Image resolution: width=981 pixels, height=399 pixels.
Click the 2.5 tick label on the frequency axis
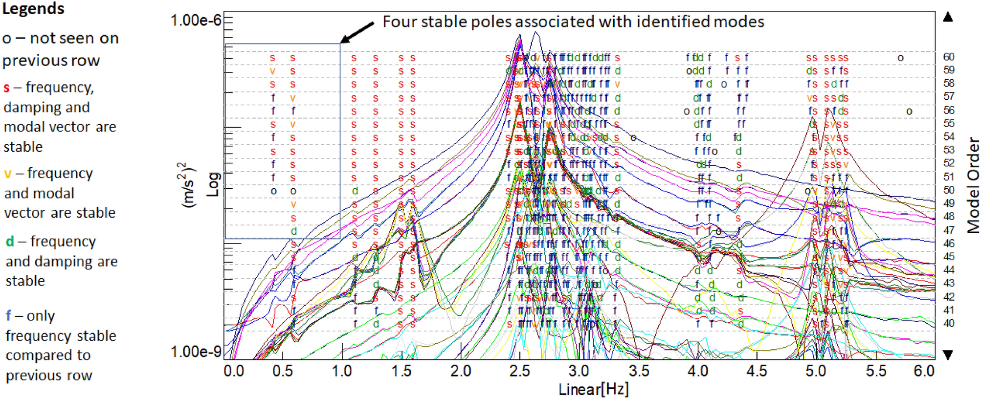coord(519,371)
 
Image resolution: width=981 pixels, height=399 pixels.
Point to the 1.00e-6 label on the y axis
coord(196,21)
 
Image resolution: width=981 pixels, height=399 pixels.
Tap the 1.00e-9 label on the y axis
coord(196,352)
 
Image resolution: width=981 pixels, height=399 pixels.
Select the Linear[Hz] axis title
coord(593,389)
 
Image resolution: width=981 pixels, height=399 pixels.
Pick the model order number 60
coord(949,57)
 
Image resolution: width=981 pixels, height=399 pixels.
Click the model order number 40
coord(949,323)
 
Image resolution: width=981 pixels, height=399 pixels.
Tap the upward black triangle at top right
coord(948,17)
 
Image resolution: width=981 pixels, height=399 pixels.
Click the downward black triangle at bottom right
coord(948,355)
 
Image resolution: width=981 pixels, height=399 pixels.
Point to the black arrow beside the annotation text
coord(357,33)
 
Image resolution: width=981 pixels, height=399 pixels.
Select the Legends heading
coord(33,8)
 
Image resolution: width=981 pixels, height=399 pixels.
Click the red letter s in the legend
coord(6,88)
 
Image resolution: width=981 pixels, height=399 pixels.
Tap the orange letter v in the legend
coord(8,174)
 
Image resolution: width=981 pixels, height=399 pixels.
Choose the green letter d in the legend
coord(10,242)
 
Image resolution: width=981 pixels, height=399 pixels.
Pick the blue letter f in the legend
coord(8,316)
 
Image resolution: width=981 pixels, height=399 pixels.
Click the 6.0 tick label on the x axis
coord(924,371)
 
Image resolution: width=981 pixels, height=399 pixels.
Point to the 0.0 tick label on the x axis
coord(234,371)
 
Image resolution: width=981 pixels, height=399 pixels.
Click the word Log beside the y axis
coord(213,184)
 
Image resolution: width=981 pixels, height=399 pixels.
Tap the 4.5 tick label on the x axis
coord(757,371)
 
